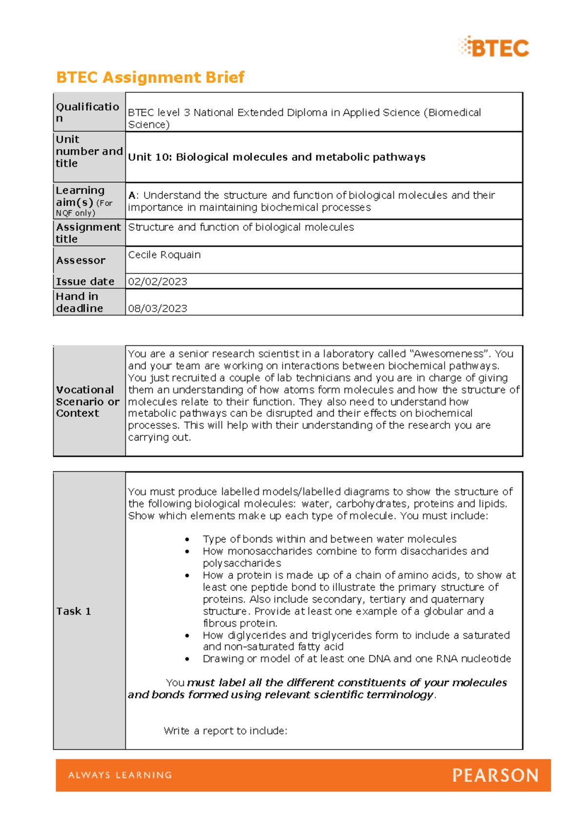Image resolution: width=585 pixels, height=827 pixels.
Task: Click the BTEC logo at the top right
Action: [494, 47]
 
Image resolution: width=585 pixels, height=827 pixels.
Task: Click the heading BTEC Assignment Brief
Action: [150, 77]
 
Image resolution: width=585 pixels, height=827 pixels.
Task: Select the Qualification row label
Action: [87, 112]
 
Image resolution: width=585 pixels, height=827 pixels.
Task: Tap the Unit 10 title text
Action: [276, 157]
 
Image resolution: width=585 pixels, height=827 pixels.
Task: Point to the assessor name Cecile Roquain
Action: [164, 255]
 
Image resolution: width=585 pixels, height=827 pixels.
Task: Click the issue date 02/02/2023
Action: [157, 281]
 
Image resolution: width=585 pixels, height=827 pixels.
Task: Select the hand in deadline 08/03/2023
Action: [157, 308]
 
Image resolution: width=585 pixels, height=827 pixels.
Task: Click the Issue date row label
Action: [85, 281]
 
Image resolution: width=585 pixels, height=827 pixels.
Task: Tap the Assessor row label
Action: [80, 260]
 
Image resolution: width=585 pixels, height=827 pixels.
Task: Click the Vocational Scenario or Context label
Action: [87, 401]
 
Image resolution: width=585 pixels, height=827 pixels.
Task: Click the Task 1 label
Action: [73, 611]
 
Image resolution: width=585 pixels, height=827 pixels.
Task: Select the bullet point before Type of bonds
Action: [187, 539]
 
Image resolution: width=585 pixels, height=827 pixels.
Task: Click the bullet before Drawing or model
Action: [187, 659]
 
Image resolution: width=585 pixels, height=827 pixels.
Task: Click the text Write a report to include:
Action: [225, 730]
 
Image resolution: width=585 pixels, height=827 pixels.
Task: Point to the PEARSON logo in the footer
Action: [495, 775]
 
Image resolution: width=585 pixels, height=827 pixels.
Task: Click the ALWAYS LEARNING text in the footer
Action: [120, 775]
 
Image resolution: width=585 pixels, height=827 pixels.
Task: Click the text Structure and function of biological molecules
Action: [241, 227]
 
